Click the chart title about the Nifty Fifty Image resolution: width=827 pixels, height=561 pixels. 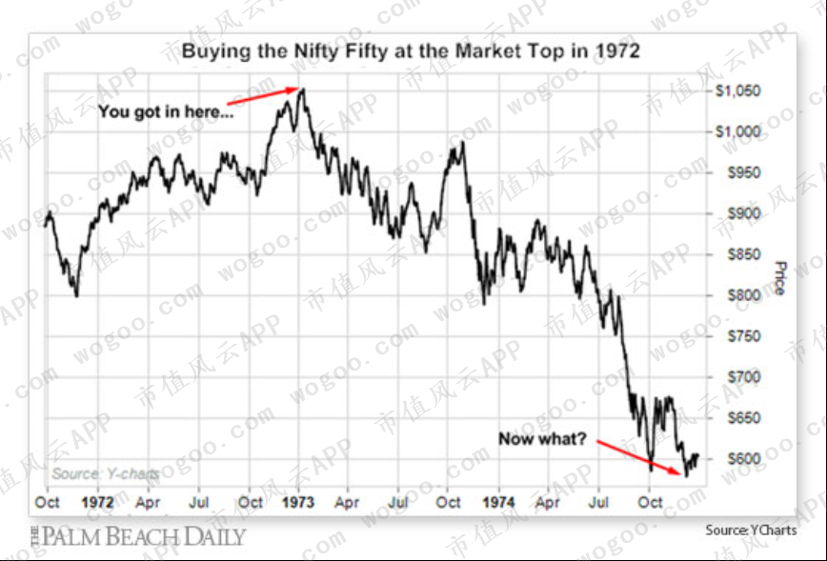tap(411, 51)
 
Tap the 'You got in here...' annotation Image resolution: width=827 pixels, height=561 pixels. tap(166, 111)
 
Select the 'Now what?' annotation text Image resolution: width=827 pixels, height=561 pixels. tap(542, 439)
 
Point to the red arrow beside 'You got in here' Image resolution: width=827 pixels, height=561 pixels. tap(263, 96)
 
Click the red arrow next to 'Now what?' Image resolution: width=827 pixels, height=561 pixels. tap(638, 457)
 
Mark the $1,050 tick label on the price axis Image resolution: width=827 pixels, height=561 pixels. tap(737, 90)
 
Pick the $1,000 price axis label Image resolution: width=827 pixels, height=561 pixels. tap(737, 131)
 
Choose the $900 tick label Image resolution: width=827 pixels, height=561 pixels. tap(744, 213)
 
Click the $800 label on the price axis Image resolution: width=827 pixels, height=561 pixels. tap(744, 295)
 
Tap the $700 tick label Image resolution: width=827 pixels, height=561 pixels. tap(744, 377)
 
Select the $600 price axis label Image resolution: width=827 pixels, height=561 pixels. tap(744, 459)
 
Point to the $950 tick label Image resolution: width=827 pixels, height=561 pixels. tap(744, 172)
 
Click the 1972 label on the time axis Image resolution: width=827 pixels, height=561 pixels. tap(97, 502)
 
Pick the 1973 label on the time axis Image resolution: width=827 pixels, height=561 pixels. tap(298, 502)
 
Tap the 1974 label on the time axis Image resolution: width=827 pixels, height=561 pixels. tap(498, 502)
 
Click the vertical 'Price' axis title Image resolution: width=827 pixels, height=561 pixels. tap(780, 278)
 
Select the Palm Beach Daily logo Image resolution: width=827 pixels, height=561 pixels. tap(138, 537)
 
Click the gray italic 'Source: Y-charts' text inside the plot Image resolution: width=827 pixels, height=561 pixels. tap(106, 473)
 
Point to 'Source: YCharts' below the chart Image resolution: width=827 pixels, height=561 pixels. tap(751, 530)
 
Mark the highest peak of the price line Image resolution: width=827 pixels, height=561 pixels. tap(302, 90)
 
